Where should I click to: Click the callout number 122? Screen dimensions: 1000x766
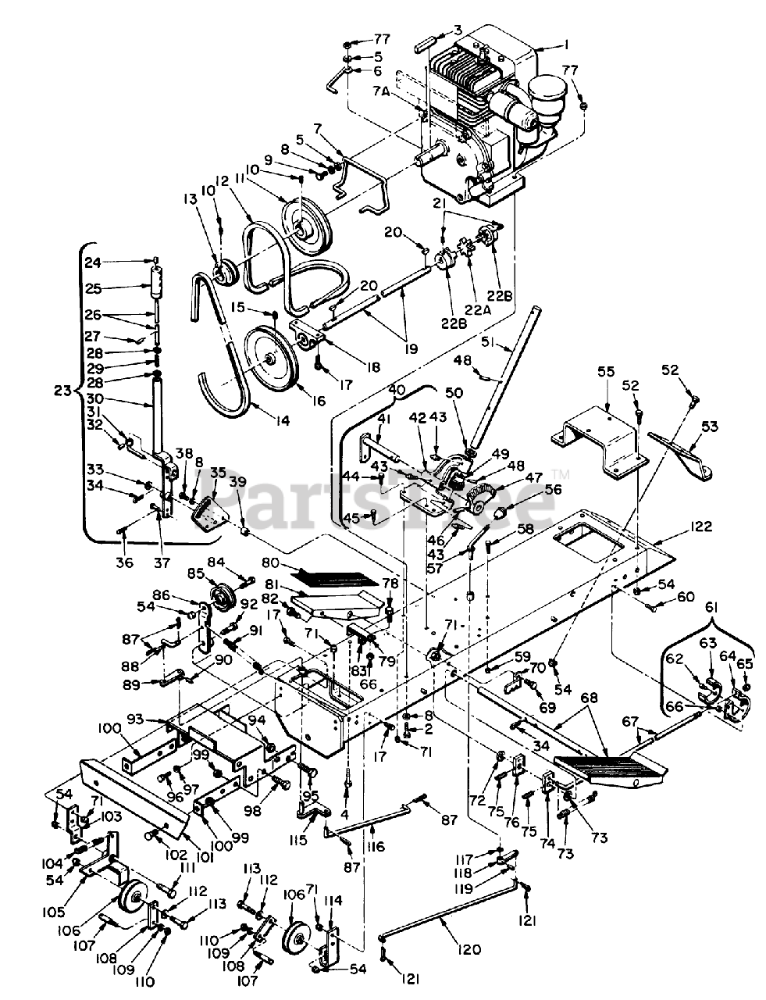679,527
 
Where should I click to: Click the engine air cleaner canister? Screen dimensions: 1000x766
545,89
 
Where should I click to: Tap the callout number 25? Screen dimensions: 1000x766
93,288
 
